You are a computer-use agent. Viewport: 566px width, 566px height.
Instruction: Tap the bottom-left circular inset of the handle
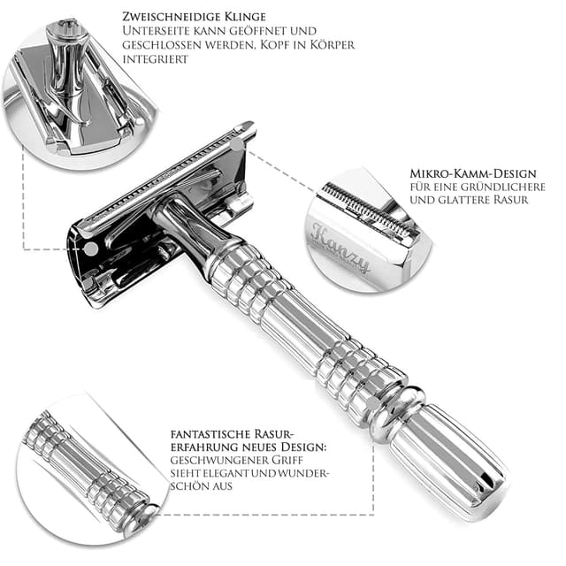pyautogui.click(x=88, y=469)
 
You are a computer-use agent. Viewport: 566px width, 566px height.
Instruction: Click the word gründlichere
pyautogui.click(x=497, y=187)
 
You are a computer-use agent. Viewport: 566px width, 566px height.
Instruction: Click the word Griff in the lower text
pyautogui.click(x=282, y=460)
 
